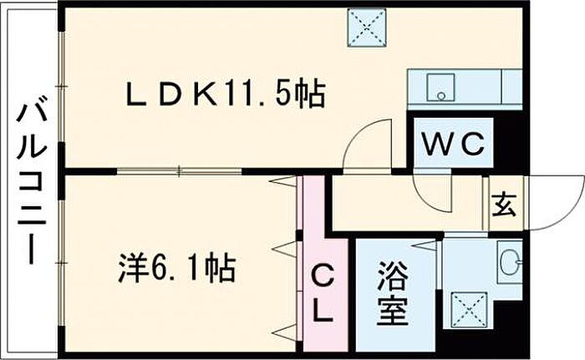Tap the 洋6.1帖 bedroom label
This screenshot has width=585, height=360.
point(175,269)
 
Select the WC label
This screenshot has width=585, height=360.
point(452,145)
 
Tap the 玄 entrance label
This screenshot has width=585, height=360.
point(503,202)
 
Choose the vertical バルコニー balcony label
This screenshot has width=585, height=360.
point(32,180)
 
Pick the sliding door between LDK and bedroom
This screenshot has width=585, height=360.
point(180,172)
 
